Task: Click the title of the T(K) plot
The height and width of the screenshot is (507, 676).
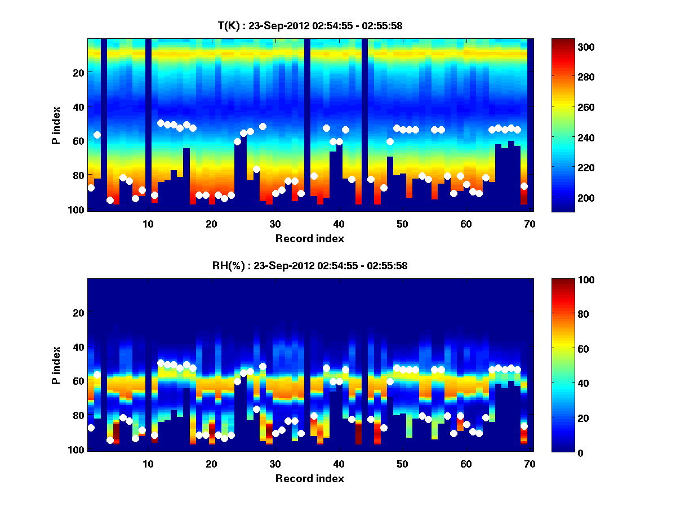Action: pos(310,26)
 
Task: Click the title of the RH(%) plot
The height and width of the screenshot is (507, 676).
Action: pos(310,266)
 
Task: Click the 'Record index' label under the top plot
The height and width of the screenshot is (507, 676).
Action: pos(310,239)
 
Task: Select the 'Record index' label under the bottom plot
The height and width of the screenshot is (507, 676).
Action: pos(310,479)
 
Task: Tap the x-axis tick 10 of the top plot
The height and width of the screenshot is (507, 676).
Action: pos(148,223)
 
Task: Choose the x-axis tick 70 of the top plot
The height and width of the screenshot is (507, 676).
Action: pos(530,223)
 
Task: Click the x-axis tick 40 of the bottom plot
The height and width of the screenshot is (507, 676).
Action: pos(339,464)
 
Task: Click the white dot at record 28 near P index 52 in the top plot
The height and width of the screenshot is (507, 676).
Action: pos(263,126)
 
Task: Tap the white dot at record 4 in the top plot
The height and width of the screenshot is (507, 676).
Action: pos(110,200)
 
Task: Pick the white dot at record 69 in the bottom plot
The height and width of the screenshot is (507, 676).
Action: pos(524,426)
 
